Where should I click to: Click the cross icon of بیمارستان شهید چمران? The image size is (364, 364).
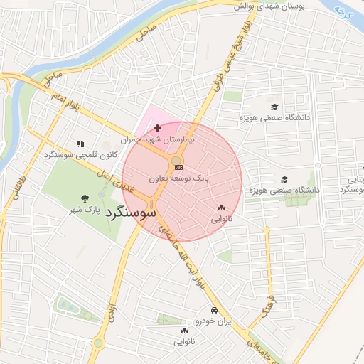(x=157, y=127)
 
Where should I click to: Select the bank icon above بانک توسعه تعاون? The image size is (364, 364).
(x=178, y=167)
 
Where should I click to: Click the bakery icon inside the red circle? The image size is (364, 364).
(x=219, y=208)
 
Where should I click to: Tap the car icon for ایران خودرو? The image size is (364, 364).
(x=213, y=310)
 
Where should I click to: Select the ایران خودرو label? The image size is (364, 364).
(x=213, y=321)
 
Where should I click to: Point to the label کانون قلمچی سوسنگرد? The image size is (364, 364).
(x=80, y=155)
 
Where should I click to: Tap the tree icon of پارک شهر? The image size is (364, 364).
(x=86, y=198)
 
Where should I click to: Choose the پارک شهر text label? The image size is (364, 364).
(x=83, y=210)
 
